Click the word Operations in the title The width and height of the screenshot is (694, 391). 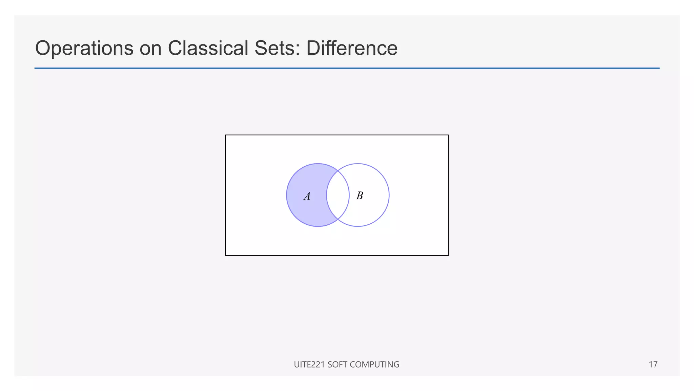84,48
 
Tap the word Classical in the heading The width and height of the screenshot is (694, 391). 208,48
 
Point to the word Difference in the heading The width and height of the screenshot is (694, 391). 352,48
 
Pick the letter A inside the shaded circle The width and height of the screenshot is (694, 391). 307,196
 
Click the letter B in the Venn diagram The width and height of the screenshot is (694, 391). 360,195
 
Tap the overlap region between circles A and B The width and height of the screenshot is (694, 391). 338,195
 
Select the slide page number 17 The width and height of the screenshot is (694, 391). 653,365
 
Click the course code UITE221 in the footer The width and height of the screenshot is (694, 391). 309,365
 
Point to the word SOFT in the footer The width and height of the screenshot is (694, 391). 337,365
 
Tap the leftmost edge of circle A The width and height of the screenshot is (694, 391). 287,195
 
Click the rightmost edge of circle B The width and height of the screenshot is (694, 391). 389,195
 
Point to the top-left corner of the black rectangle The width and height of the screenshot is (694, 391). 226,135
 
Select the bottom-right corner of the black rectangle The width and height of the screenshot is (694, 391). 448,255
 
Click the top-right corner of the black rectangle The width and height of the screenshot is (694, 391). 448,135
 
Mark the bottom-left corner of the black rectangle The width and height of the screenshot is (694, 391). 226,255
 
